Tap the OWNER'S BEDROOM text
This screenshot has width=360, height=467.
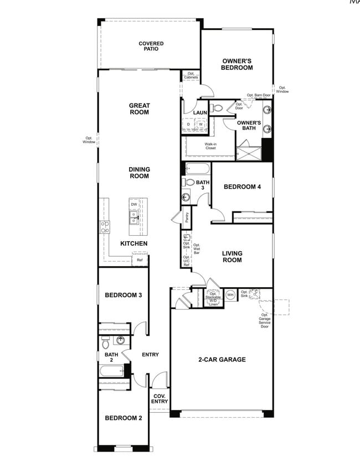pos(237,64)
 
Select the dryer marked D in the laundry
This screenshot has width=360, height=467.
pos(189,124)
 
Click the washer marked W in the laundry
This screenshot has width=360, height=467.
pos(200,124)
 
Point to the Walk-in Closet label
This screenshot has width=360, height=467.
pos(210,146)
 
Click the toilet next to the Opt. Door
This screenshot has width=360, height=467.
pos(217,108)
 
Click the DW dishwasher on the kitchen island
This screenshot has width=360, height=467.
pos(134,204)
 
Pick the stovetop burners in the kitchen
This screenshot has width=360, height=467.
pos(105,226)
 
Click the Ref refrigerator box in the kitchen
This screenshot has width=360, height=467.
pos(140,260)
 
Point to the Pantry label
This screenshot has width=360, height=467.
pos(187,217)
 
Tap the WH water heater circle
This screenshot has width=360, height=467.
pos(230,294)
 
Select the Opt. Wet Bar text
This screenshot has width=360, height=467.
pos(197,249)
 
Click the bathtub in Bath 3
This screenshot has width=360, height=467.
pos(197,169)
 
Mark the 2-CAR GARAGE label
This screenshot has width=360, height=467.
pos(222,359)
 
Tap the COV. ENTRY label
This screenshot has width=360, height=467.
pos(160,398)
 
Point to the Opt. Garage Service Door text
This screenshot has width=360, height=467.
pos(264,320)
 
